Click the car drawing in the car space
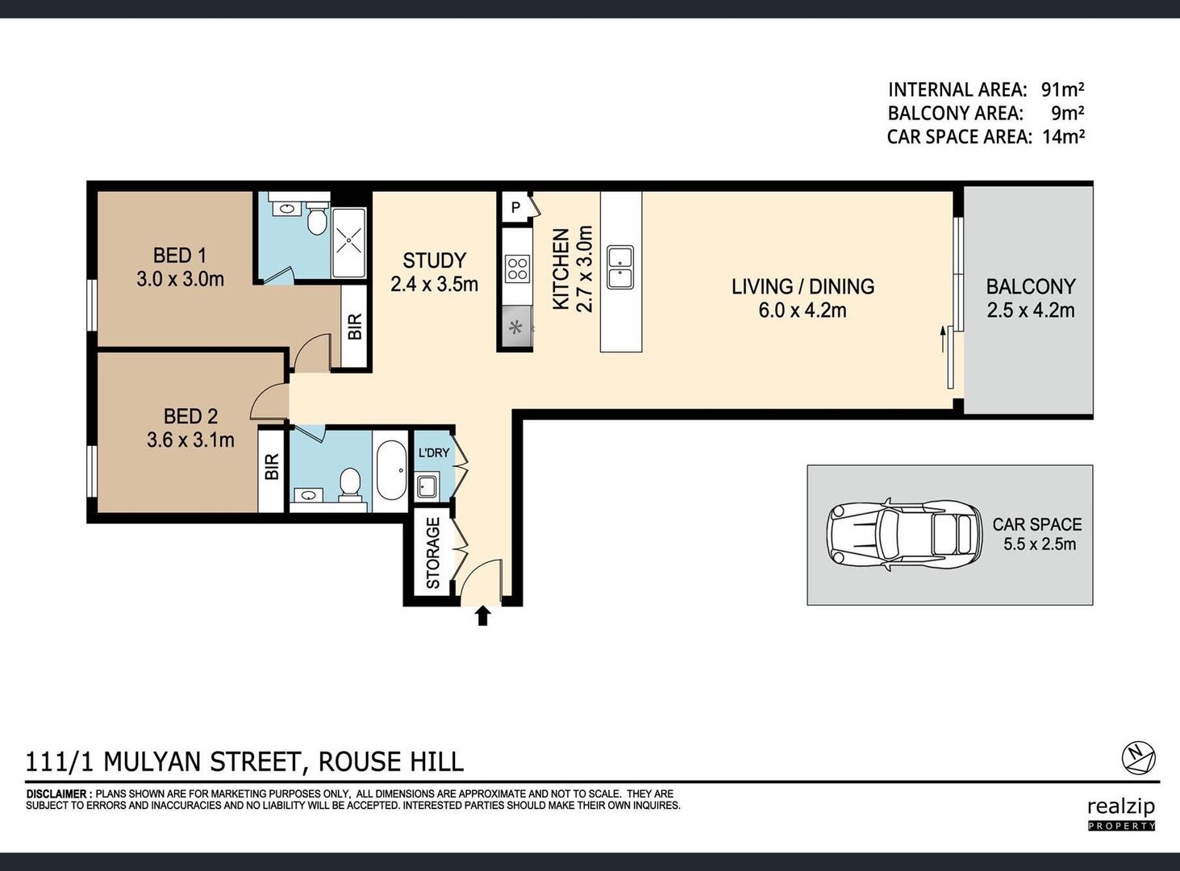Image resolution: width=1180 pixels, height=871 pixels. tap(904, 535)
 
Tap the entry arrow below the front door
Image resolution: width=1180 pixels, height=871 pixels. tap(482, 616)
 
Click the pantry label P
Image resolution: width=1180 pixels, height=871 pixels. tap(515, 207)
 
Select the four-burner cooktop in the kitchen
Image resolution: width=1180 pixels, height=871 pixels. tap(517, 269)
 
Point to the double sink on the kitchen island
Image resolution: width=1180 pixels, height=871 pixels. tap(620, 267)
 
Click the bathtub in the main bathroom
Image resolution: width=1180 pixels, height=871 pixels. tap(391, 470)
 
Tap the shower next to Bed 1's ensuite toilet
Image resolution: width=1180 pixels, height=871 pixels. tap(349, 242)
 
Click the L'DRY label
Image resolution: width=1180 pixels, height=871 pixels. tap(434, 452)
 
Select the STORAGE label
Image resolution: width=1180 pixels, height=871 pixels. tap(433, 553)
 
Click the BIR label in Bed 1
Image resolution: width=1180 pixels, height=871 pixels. tap(355, 326)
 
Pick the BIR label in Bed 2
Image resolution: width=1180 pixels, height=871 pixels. tap(272, 467)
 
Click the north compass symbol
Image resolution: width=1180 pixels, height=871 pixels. tap(1139, 759)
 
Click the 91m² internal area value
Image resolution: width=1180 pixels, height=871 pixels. tap(1062, 90)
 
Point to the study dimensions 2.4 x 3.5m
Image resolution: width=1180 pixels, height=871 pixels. tap(434, 284)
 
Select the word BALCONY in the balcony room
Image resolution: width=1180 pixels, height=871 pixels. tap(1031, 287)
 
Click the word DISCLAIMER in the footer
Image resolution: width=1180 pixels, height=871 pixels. tap(56, 794)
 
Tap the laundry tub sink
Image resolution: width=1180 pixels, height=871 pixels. tap(427, 486)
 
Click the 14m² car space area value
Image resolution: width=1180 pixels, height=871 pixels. tap(1064, 137)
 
